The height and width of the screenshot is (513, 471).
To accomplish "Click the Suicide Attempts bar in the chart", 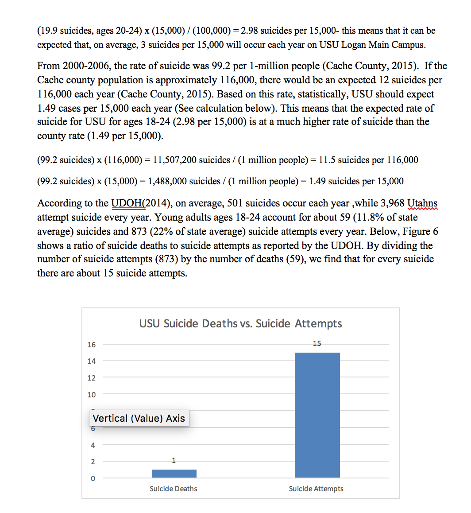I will (317, 415).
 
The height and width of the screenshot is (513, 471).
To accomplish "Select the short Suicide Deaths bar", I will (174, 473).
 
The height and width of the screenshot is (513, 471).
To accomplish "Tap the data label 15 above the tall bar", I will (317, 343).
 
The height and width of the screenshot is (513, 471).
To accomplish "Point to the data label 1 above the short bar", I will (174, 460).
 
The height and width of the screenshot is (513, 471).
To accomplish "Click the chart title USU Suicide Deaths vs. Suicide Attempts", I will (240, 323).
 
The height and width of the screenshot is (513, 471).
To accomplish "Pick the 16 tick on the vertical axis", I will (91, 345).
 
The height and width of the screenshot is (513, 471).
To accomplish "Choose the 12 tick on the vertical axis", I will (91, 378).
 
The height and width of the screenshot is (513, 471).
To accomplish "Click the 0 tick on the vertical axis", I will (93, 478).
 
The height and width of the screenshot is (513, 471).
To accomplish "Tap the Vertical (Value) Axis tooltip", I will (139, 418).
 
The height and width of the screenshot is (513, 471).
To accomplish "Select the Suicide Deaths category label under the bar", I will (174, 489).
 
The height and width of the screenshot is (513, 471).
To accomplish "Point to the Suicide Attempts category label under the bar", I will (316, 489).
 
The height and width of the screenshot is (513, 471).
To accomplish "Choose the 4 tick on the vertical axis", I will (93, 445).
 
